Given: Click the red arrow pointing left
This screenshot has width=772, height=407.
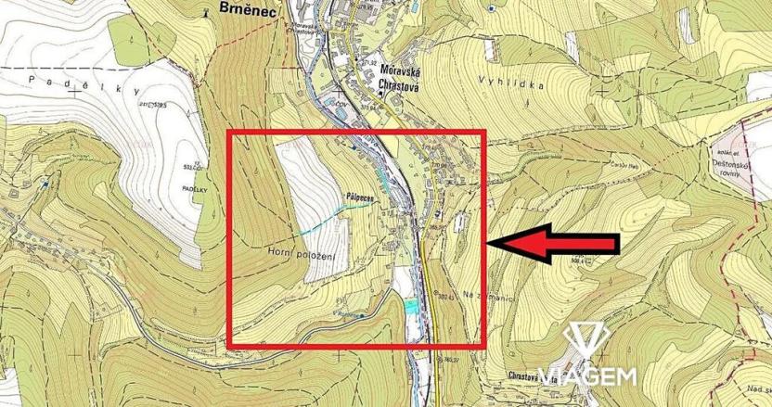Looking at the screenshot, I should [554, 243].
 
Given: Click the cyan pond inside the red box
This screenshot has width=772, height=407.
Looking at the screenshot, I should [409, 305].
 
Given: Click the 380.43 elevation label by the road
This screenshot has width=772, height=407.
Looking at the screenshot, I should [446, 297].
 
